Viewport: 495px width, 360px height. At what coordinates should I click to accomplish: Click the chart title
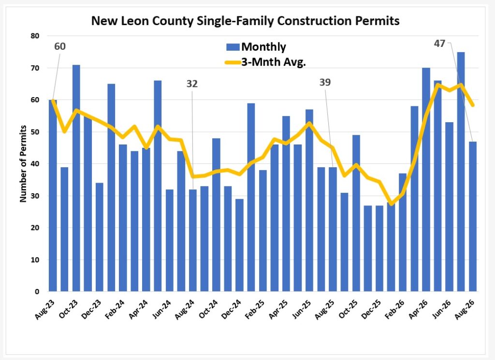245,21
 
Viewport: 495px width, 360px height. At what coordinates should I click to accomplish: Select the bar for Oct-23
76,178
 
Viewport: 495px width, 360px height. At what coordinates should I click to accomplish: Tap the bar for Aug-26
473,216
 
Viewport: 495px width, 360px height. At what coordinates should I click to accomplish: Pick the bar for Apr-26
426,180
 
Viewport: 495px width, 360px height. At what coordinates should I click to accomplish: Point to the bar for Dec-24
239,245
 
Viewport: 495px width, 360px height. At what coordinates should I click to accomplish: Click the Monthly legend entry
256,47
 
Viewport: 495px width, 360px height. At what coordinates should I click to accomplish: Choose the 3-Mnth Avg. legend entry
265,62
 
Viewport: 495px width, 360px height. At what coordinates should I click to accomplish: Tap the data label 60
60,46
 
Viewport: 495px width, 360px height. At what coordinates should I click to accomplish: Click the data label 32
192,84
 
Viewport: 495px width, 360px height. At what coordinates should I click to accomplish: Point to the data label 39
325,82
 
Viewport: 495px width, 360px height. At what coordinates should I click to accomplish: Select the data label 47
439,43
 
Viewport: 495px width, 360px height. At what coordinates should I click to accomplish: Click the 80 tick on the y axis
35,36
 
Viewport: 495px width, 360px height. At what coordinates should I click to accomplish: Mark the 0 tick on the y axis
37,292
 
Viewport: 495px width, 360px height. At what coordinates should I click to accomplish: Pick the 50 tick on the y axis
35,132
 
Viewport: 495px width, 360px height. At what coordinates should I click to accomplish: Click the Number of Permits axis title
23,164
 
